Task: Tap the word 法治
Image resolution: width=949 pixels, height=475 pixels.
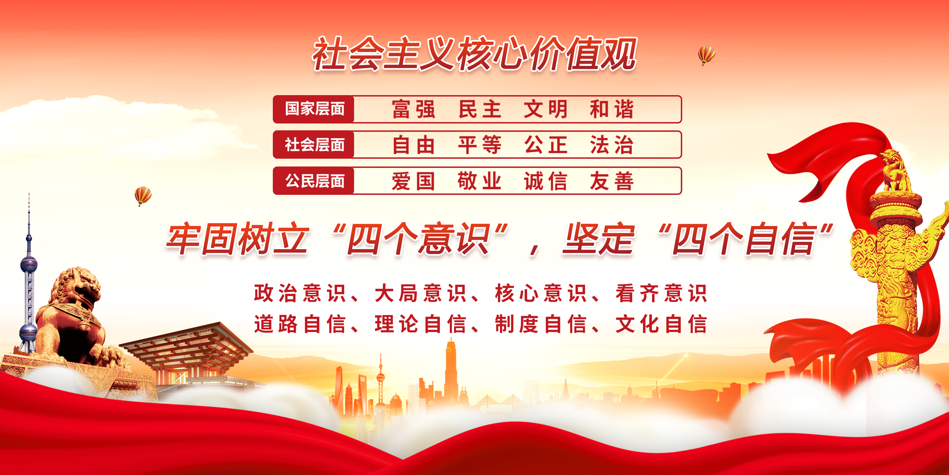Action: click(612, 145)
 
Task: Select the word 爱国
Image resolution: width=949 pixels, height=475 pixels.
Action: click(413, 181)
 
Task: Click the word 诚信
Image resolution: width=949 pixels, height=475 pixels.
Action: click(545, 181)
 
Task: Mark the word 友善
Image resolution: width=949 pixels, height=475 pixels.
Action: click(612, 181)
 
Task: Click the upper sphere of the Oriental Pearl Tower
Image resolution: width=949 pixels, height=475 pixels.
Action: click(29, 264)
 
